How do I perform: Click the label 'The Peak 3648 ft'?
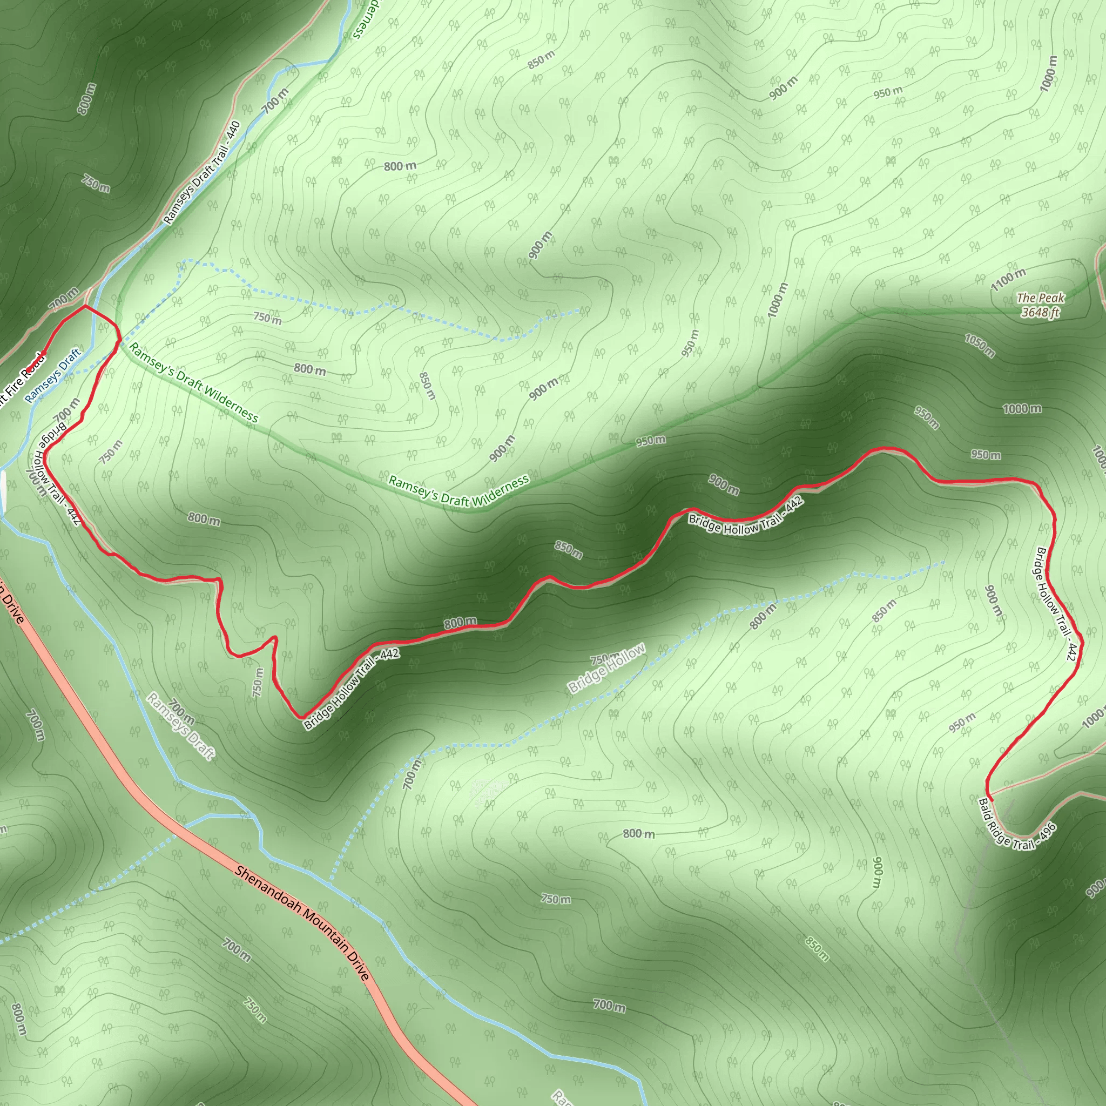(x=1040, y=305)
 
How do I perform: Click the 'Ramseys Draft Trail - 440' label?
(x=202, y=173)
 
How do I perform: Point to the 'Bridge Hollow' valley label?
(x=606, y=668)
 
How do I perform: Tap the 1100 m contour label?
(x=1009, y=279)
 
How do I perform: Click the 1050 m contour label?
(x=980, y=345)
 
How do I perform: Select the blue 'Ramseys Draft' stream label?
(x=53, y=375)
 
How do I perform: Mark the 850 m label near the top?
(x=541, y=59)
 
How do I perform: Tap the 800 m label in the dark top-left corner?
(x=86, y=99)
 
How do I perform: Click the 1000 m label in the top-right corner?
(x=1049, y=73)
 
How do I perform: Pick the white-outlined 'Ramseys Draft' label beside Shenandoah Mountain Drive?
(x=180, y=726)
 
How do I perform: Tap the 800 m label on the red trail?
(x=460, y=622)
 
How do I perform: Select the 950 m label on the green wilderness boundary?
(x=650, y=441)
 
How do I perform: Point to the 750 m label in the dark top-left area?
(x=96, y=183)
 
